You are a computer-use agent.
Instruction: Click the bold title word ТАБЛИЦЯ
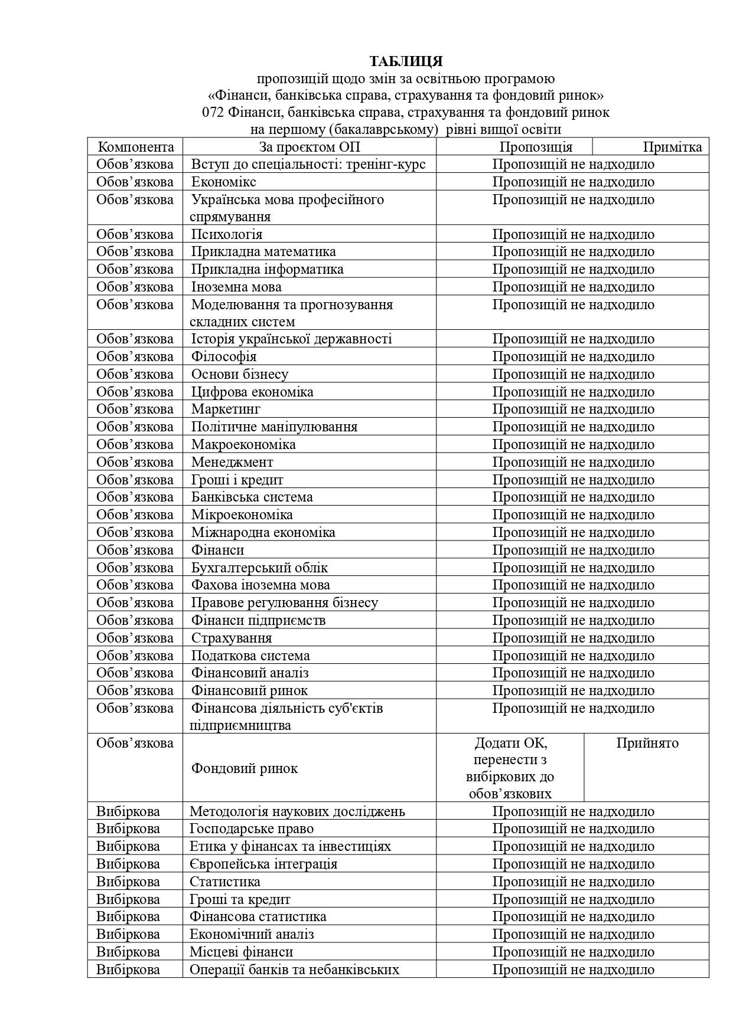coord(406,61)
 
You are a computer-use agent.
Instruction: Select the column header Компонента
coord(135,147)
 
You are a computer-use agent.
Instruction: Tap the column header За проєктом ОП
coord(309,147)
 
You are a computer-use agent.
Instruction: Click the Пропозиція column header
coord(536,147)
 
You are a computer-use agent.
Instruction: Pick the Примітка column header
coord(672,147)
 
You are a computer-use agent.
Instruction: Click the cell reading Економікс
coord(223,182)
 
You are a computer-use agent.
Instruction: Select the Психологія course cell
coord(226,234)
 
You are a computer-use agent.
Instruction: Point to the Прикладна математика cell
coord(263,251)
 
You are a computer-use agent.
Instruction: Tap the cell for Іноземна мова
coord(236,287)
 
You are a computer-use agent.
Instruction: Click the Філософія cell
coord(223,356)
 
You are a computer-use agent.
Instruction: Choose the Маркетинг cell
coord(226,409)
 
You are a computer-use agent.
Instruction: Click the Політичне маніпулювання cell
coord(274,427)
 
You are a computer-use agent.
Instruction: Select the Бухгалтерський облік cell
coord(259,568)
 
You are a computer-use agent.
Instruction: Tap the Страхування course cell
coord(231,638)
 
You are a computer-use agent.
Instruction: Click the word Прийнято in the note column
coord(647,743)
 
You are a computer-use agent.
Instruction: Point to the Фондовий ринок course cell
coord(244,768)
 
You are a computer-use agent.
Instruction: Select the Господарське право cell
coord(251,828)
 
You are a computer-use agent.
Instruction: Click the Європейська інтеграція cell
coord(263,864)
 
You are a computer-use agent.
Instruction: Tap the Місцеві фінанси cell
coord(241,952)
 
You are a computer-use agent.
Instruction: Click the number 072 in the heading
coord(212,112)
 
